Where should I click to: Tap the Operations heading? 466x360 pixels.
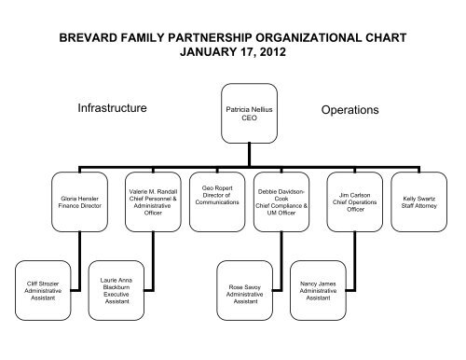coord(349,110)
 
